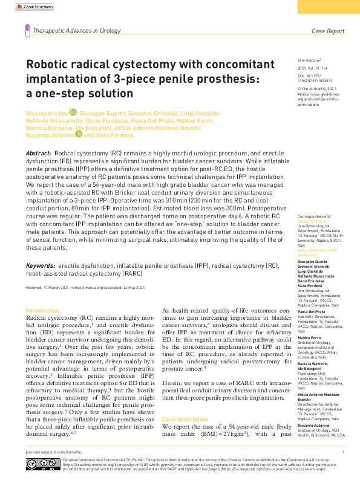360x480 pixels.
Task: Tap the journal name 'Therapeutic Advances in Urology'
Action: click(77, 30)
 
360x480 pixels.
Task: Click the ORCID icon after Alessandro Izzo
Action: click(73, 112)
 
